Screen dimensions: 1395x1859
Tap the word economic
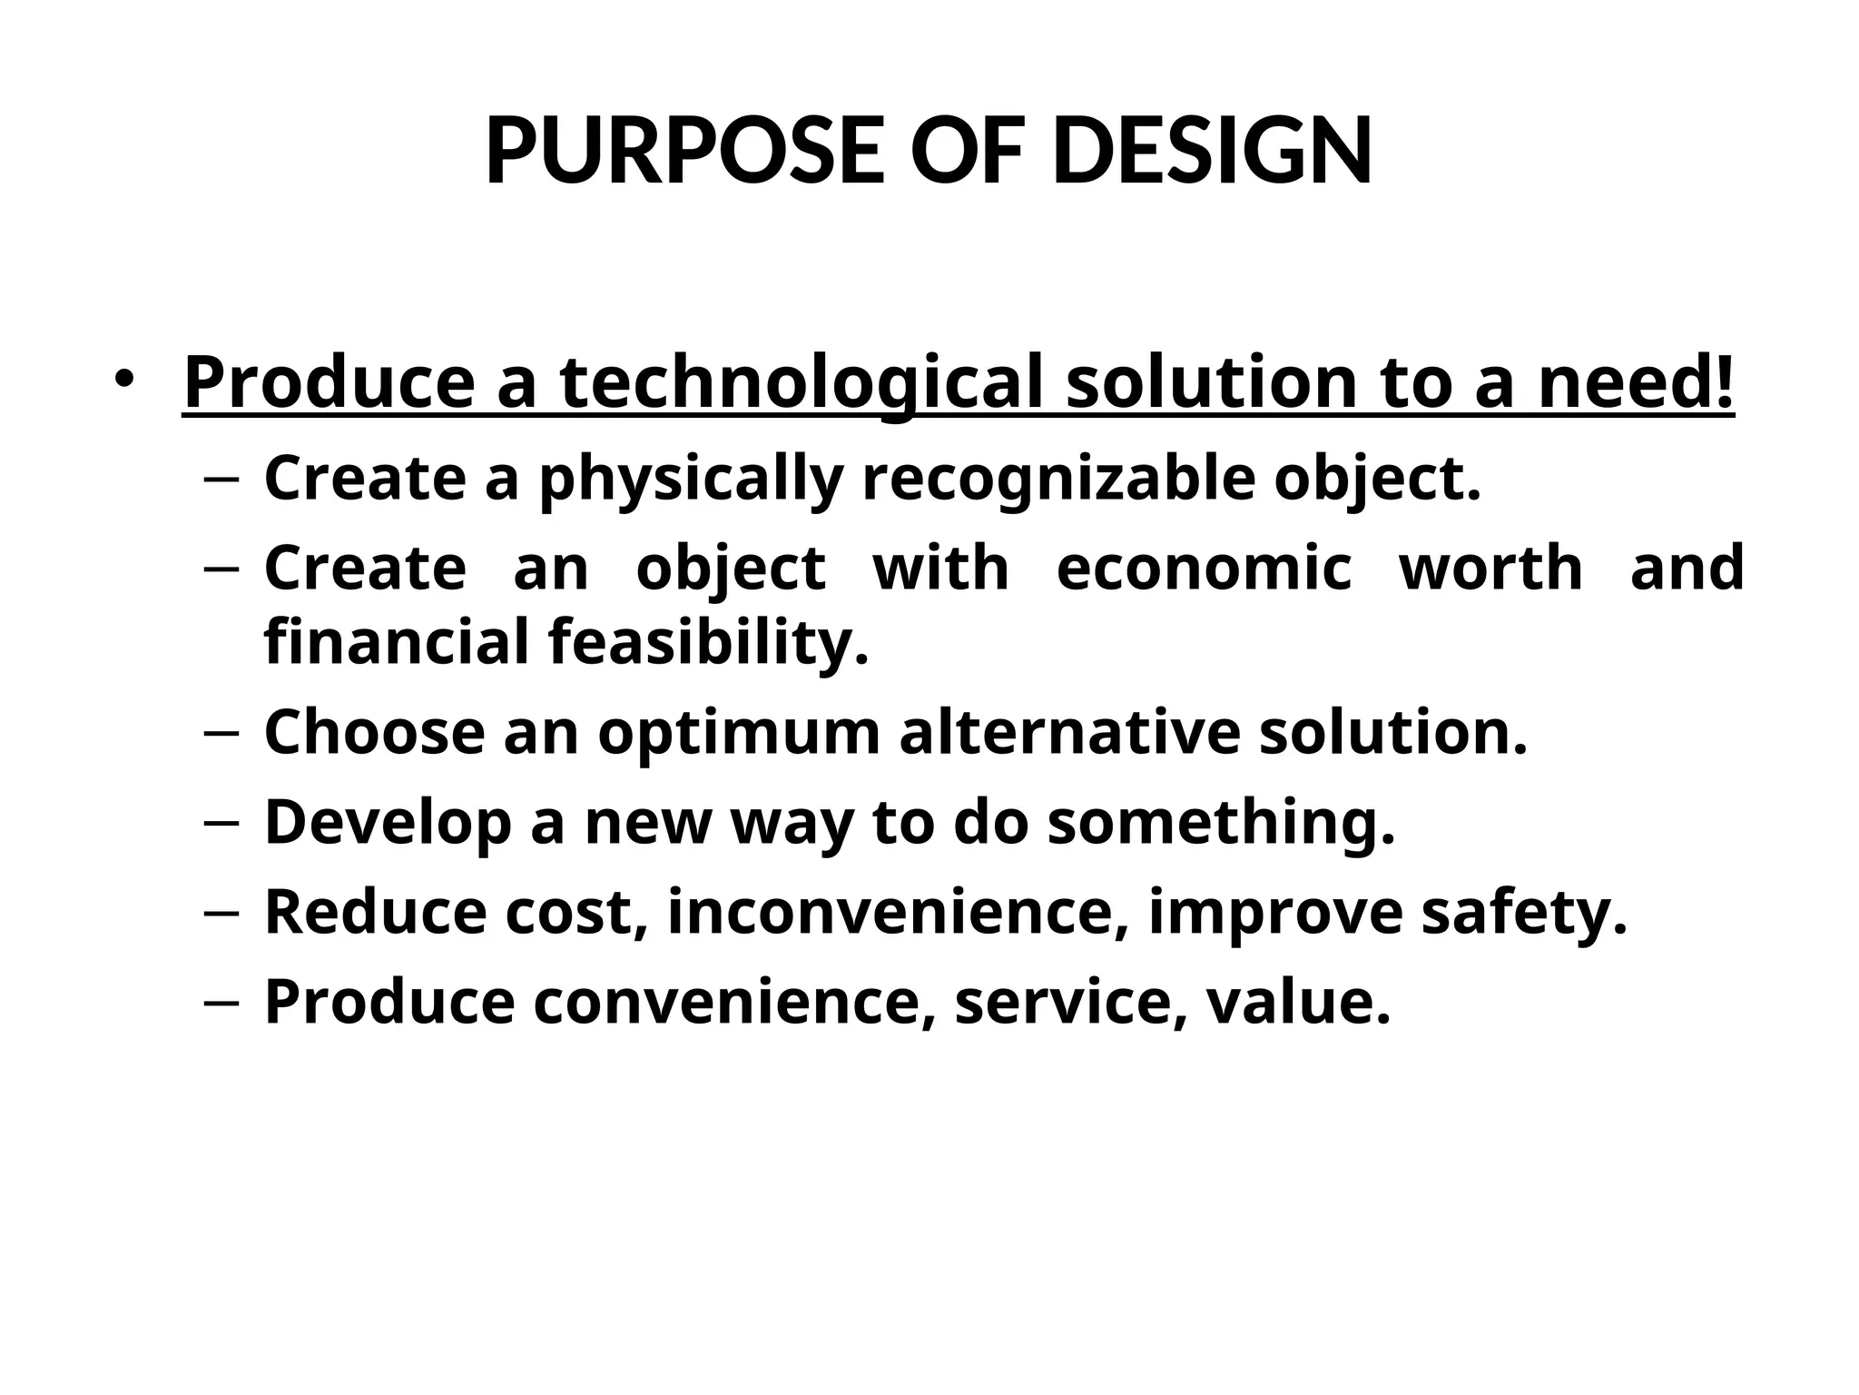point(1204,568)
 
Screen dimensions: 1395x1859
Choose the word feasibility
point(708,642)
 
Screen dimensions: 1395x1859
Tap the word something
point(1221,822)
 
